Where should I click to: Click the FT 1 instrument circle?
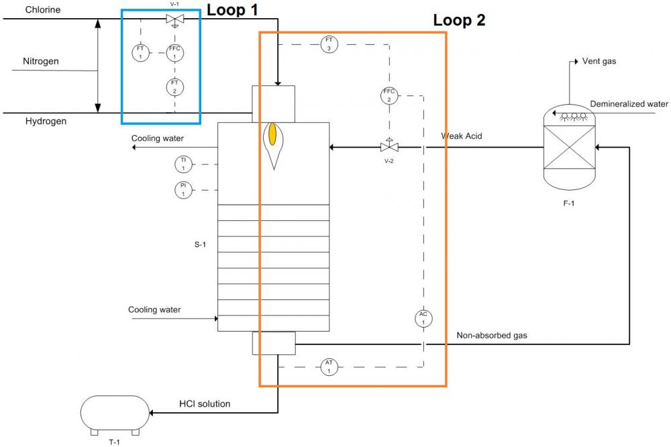coord(140,52)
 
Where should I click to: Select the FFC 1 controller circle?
coord(174,52)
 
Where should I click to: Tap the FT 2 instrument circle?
coord(174,86)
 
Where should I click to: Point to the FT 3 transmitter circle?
coord(329,44)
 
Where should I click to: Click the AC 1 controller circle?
coord(423,318)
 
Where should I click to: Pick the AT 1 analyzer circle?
coord(329,366)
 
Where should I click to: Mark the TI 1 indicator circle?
coord(183,163)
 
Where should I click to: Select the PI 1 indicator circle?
coord(183,189)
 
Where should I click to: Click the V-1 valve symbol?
coord(174,20)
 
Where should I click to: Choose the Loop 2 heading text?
coord(459,20)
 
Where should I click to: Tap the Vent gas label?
coord(600,62)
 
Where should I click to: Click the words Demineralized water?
coord(629,104)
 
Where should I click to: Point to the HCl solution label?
coord(205,404)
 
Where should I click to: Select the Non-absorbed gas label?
coord(492,336)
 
